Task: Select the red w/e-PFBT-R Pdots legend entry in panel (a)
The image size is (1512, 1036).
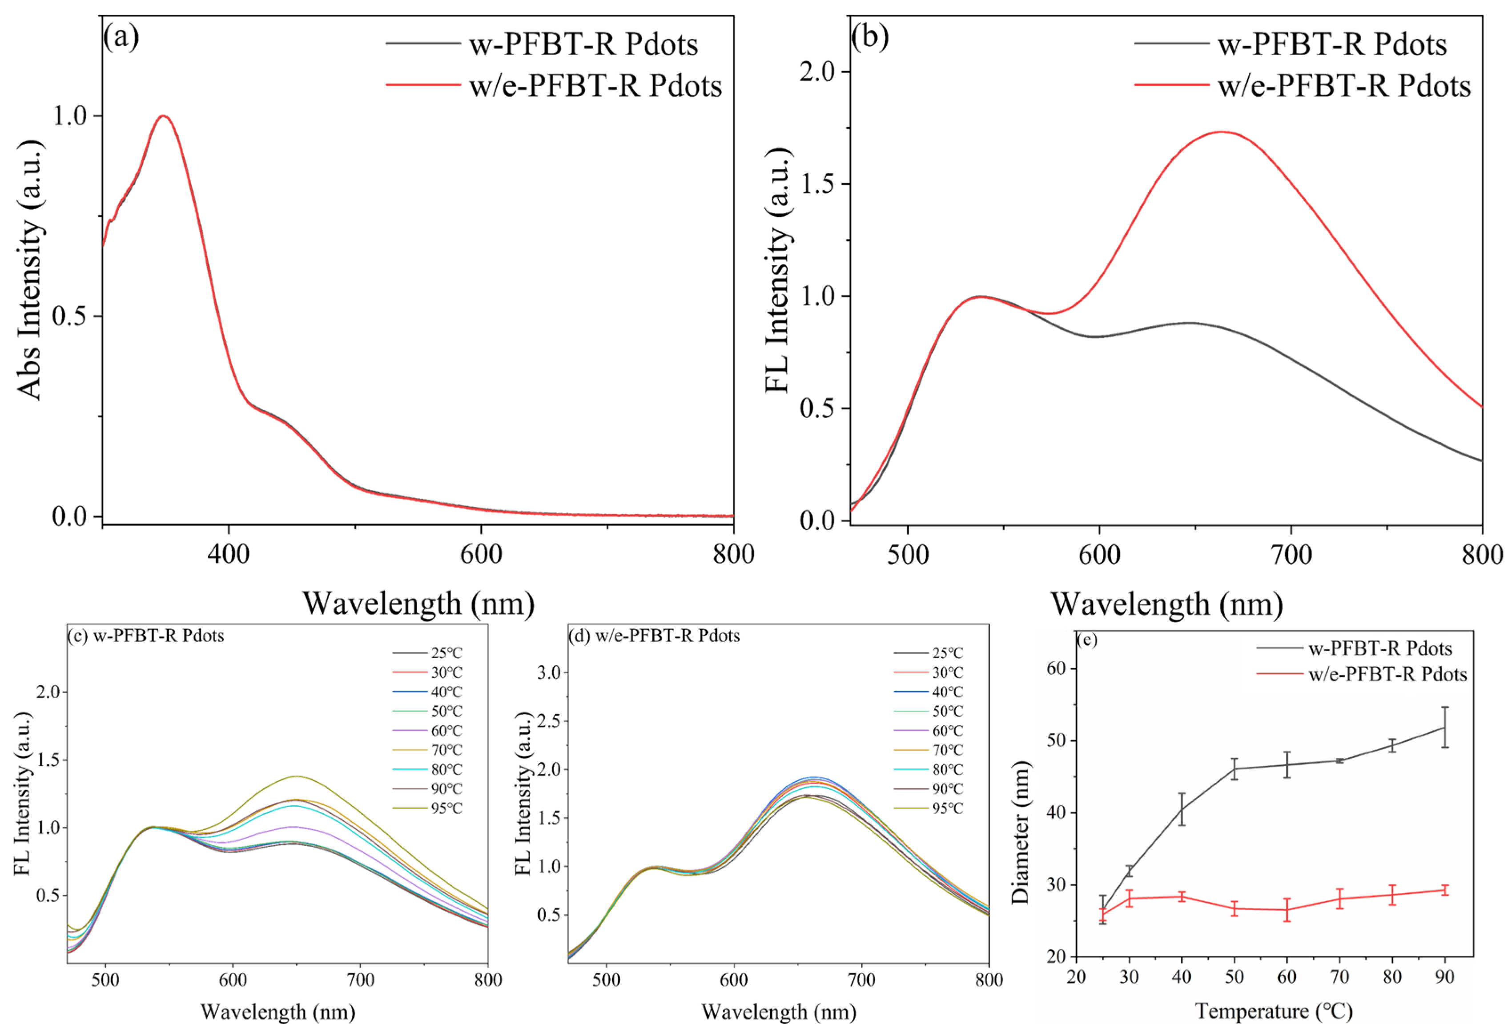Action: pos(554,85)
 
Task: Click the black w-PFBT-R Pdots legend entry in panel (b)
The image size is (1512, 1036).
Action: pos(1291,44)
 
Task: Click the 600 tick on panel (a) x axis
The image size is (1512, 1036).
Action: pos(481,554)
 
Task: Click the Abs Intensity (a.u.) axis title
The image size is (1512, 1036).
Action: pos(29,269)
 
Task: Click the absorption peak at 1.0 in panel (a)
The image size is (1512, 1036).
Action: pos(164,116)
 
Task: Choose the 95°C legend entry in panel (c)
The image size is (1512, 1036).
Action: pos(427,808)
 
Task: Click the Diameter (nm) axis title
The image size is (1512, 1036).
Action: pos(1021,832)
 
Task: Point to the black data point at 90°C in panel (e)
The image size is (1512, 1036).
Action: pos(1445,727)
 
